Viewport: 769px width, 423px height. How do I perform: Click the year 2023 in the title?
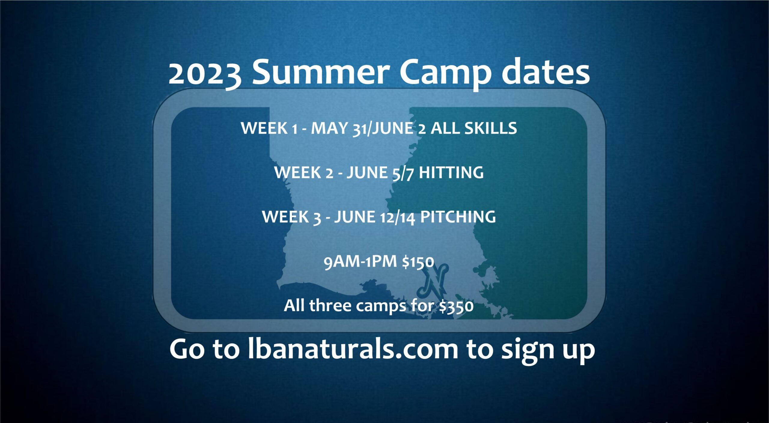[x=205, y=74]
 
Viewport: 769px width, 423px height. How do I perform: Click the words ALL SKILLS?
[x=474, y=128]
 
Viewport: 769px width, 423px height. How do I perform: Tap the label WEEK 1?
[x=269, y=128]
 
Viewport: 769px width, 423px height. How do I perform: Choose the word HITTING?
[x=451, y=173]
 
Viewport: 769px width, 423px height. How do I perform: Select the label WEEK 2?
[x=304, y=173]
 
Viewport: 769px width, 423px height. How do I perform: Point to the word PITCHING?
[x=458, y=217]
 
